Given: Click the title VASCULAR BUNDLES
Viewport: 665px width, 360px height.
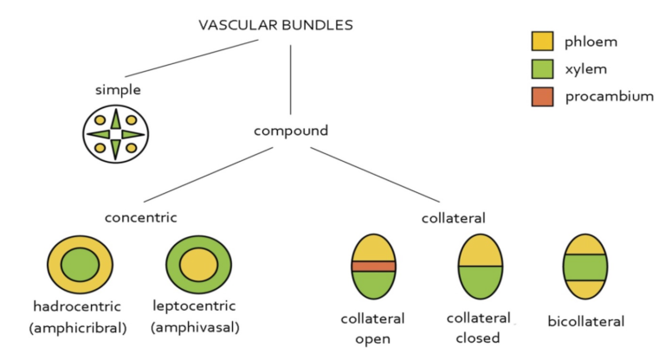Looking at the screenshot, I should click(x=276, y=24).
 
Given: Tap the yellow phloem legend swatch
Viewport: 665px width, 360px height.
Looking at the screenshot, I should click(x=541, y=42).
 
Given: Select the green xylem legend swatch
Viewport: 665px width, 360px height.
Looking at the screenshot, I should click(x=541, y=69).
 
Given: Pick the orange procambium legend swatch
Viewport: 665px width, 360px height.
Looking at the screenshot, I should click(x=541, y=97).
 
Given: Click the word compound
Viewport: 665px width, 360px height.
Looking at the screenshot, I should click(x=291, y=131).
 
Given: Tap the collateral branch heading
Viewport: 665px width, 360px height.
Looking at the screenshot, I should click(x=453, y=217).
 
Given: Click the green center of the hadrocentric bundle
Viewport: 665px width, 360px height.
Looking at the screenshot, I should click(x=80, y=264).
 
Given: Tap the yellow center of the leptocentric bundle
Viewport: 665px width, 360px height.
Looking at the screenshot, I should click(x=199, y=264).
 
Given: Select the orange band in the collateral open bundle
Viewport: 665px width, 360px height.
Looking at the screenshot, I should click(x=373, y=266).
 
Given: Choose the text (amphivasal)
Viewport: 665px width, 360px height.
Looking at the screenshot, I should click(x=195, y=327).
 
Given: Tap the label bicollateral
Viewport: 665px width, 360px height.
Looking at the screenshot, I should click(x=586, y=322).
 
